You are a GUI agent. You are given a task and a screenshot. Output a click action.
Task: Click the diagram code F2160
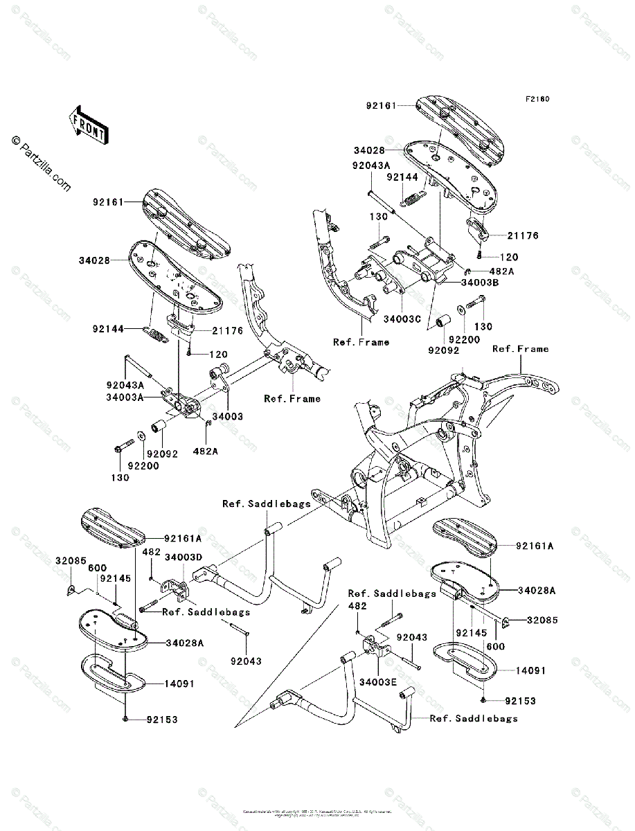point(537,99)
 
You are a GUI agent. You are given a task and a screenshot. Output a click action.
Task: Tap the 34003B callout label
point(480,283)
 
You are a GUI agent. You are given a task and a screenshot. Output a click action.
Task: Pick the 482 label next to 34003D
point(152,552)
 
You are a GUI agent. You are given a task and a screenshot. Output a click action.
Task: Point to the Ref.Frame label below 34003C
point(361,341)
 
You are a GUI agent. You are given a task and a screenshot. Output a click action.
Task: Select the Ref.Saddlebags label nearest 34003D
point(206,611)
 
